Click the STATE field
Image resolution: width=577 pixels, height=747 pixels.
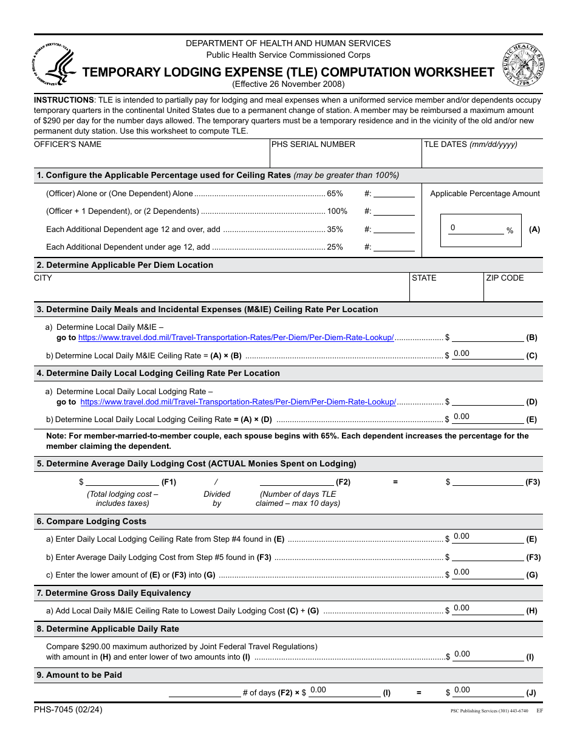(x=446, y=291)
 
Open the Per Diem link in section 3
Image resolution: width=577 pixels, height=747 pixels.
(x=236, y=338)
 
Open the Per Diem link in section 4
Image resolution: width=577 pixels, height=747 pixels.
(x=238, y=402)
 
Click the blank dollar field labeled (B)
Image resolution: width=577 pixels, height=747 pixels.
(x=488, y=337)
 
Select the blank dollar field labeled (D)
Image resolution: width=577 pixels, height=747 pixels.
(x=488, y=401)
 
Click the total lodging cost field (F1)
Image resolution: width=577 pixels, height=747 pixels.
(x=122, y=482)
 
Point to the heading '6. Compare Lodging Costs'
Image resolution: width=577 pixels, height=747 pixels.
(x=92, y=521)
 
